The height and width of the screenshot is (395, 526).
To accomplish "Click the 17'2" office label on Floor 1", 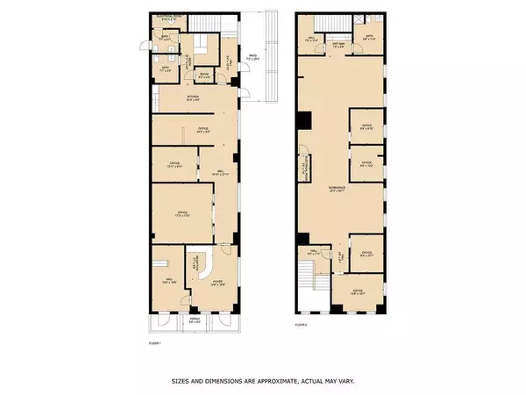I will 183,214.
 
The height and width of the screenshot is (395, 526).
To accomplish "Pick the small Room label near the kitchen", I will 203,75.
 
